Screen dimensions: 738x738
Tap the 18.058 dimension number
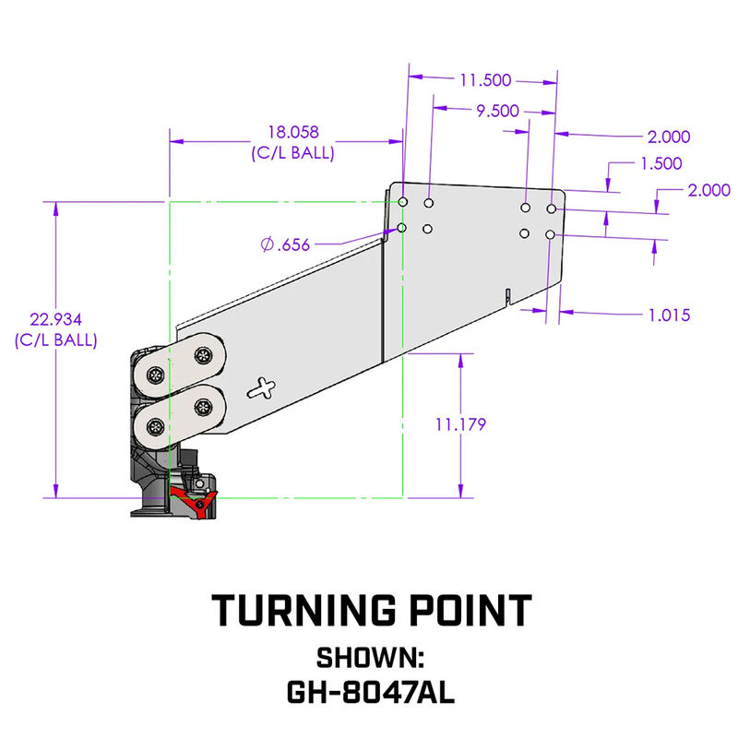[x=292, y=134]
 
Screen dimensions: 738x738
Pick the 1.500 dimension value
[x=660, y=163]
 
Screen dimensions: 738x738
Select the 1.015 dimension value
[x=669, y=315]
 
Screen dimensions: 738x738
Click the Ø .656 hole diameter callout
[x=285, y=244]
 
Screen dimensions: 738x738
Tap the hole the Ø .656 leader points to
[x=401, y=228]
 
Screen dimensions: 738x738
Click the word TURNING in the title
[x=293, y=611]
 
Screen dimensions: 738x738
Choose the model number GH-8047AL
[x=369, y=691]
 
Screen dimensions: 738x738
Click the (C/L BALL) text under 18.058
[x=292, y=153]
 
